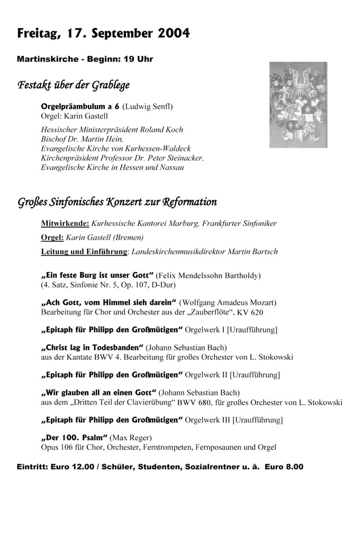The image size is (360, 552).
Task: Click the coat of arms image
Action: (x=298, y=104)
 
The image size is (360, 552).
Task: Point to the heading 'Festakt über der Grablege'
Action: (x=74, y=85)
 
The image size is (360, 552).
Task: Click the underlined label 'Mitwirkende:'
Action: (x=65, y=223)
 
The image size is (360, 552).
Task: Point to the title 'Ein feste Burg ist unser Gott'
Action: (x=97, y=276)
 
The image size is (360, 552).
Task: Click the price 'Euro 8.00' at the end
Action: (x=284, y=467)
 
